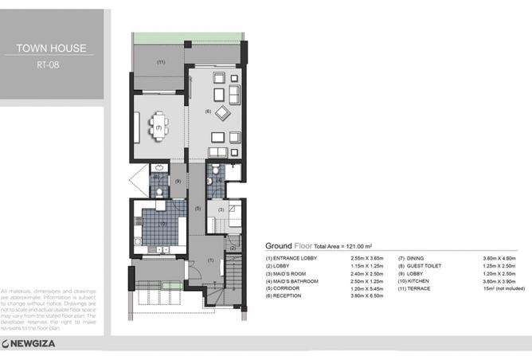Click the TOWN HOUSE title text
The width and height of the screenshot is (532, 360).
tap(53, 48)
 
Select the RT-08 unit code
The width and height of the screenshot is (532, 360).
tap(53, 65)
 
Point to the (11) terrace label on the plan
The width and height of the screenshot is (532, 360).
tap(160, 61)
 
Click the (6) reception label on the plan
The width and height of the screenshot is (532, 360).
tap(208, 111)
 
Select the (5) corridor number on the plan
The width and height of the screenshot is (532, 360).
tap(198, 208)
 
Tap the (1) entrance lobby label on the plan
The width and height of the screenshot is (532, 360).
tap(210, 260)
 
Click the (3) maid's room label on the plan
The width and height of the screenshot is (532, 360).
tap(221, 209)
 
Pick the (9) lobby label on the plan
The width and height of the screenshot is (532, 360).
tap(178, 182)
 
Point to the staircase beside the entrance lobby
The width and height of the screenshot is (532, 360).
tap(234, 271)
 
